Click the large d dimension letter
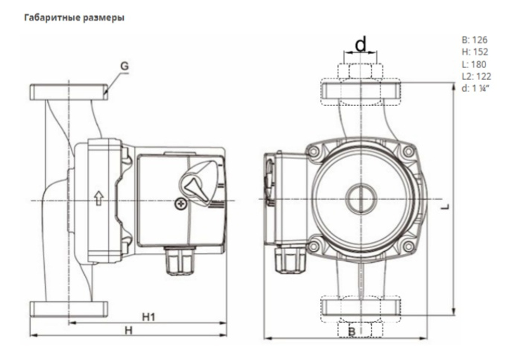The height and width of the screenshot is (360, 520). (360, 46)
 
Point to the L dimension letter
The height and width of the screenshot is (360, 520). (445, 207)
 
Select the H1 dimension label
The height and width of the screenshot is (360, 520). (150, 316)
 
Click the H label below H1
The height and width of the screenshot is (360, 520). (128, 330)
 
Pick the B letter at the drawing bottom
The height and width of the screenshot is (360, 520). (352, 331)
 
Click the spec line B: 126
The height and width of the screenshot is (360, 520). (474, 40)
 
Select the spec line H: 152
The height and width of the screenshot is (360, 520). (474, 52)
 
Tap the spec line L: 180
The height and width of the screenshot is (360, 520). (474, 64)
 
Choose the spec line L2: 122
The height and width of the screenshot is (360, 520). (476, 76)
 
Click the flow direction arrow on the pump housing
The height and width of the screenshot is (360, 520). (98, 198)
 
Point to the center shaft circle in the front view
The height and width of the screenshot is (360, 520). (360, 198)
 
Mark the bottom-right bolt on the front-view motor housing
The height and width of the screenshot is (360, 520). (408, 245)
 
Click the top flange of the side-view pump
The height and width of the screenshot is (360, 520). (68, 93)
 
